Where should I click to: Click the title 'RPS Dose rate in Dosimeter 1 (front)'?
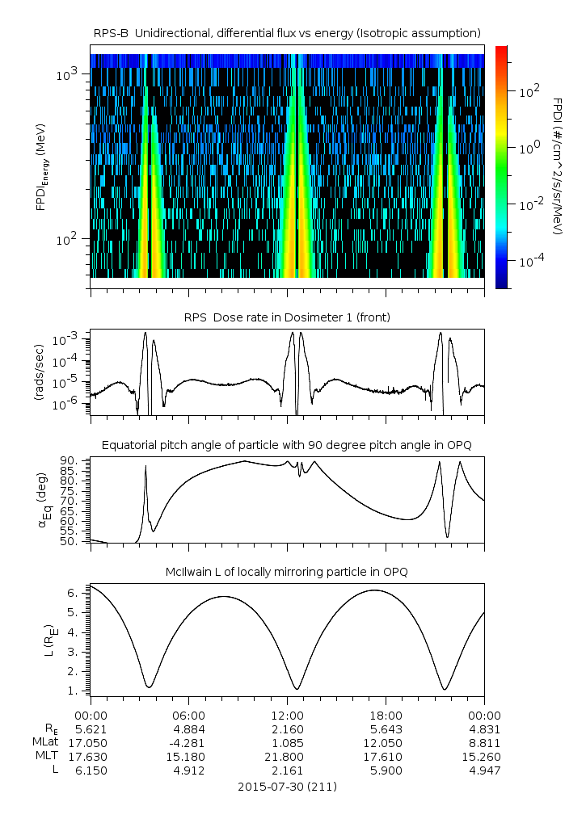(x=288, y=317)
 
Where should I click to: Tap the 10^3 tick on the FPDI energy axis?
(x=66, y=75)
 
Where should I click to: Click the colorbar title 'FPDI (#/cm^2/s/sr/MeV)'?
(x=558, y=166)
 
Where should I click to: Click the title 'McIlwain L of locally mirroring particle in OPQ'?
(x=288, y=572)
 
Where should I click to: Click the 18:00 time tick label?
(x=386, y=716)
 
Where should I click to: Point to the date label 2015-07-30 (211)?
(x=287, y=786)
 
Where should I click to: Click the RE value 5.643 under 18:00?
(x=386, y=729)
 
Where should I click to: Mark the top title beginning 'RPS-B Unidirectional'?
(x=288, y=32)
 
